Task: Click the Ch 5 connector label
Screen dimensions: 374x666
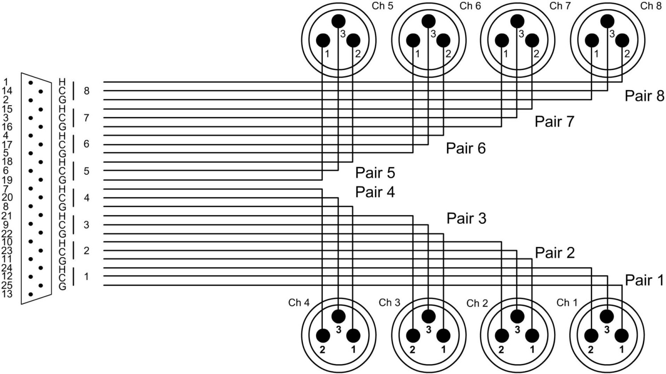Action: tap(382, 6)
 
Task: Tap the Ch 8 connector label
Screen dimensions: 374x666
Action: tap(650, 6)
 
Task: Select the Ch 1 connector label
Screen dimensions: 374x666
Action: tap(567, 302)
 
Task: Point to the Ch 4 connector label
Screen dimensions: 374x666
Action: tap(299, 302)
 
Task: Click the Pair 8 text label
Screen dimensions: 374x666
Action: tap(644, 96)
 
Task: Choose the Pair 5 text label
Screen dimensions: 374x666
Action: tap(375, 172)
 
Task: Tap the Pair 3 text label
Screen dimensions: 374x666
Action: tap(466, 219)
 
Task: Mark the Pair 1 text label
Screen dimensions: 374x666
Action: tap(644, 280)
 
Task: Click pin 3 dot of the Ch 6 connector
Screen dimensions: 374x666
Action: tap(428, 21)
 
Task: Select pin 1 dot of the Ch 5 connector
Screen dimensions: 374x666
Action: tap(323, 41)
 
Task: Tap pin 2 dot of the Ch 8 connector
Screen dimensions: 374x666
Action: tap(622, 40)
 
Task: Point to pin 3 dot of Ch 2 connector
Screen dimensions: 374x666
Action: tap(517, 316)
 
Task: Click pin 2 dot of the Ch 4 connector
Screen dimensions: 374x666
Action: tap(323, 335)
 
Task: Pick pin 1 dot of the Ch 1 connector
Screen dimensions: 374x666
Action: tap(622, 335)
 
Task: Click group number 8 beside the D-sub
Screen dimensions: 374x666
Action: tap(87, 91)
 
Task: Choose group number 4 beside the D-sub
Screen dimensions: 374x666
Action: tap(87, 198)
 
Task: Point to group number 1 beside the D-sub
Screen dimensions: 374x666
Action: tap(87, 277)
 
